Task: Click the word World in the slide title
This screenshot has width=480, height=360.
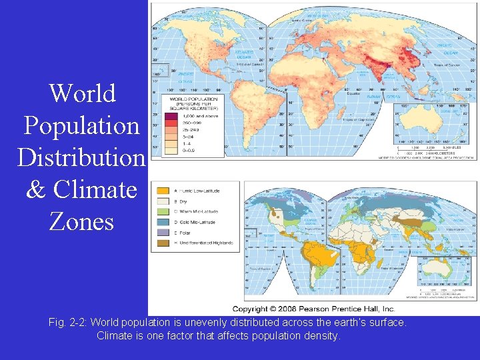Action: click(x=83, y=93)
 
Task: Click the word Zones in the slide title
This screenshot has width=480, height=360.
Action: click(x=82, y=221)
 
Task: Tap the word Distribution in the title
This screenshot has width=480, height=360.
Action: click(x=81, y=157)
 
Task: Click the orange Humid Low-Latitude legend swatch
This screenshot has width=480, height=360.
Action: click(x=163, y=191)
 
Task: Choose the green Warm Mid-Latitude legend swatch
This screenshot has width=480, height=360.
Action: click(x=163, y=212)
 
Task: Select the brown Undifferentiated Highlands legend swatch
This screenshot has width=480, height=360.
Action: click(x=163, y=243)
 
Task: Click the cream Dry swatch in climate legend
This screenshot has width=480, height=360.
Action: click(x=163, y=201)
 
